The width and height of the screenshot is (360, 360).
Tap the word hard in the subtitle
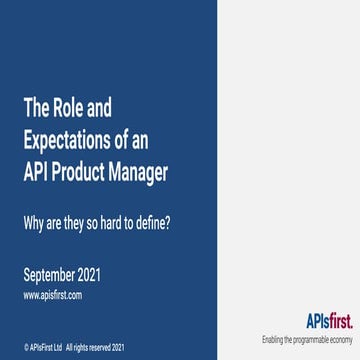coord(118,220)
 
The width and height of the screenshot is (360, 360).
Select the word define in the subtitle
coord(153,220)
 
